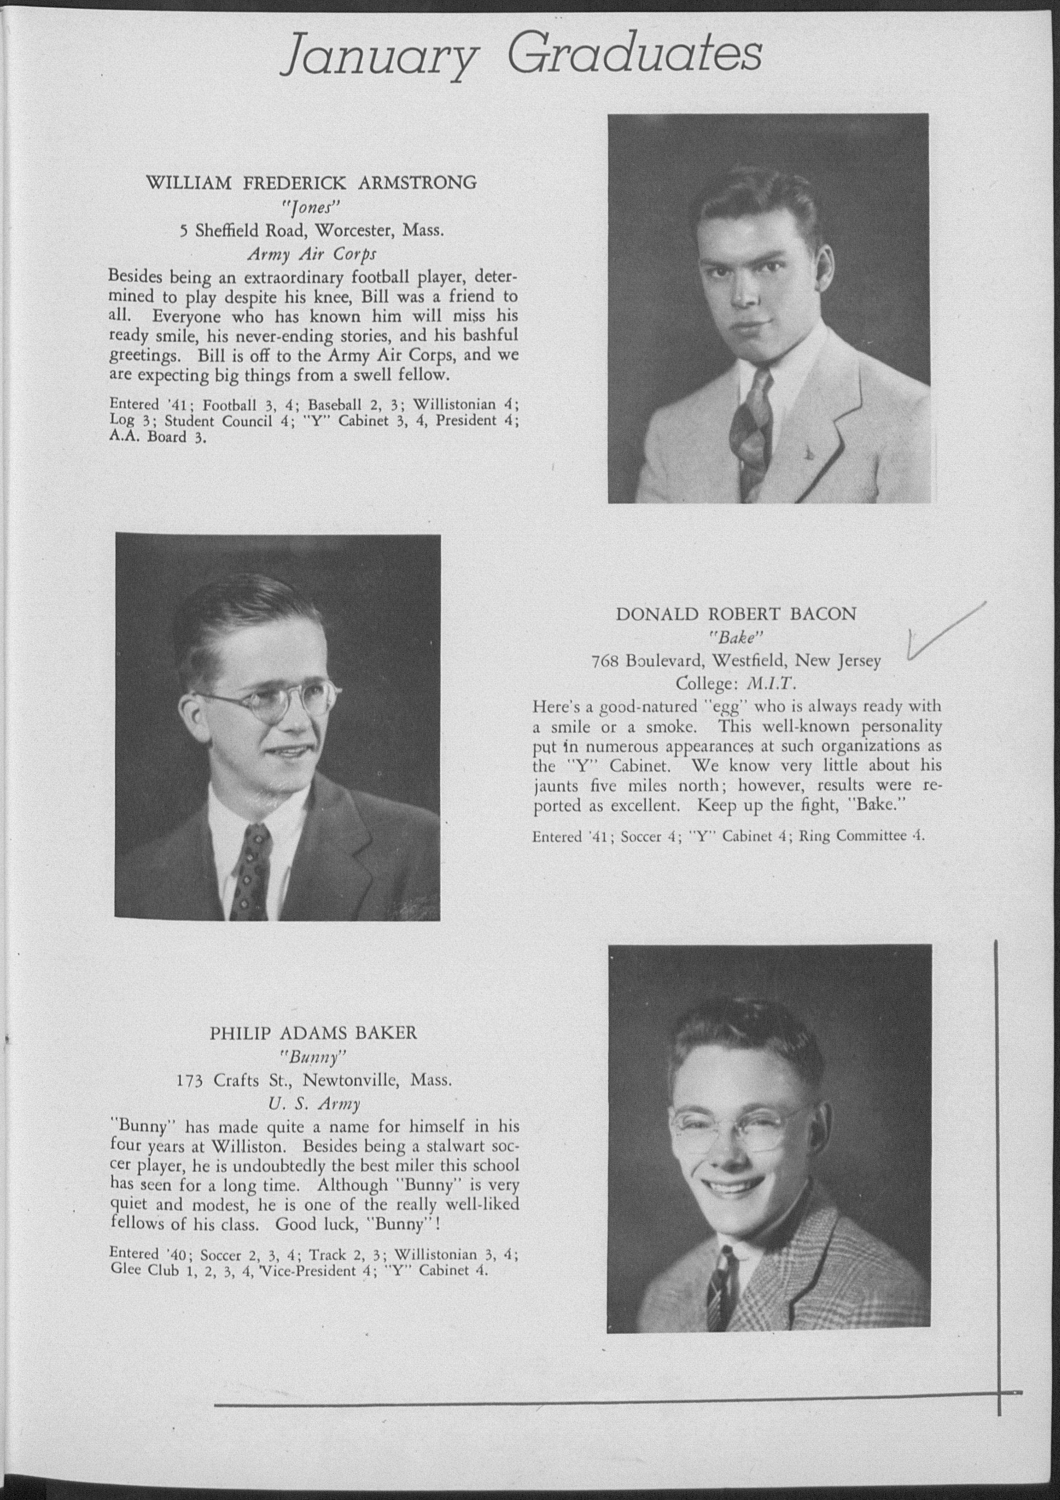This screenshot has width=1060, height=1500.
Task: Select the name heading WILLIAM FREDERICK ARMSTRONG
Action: pyautogui.click(x=311, y=183)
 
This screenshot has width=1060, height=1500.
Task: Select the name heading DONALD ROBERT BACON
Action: pyautogui.click(x=736, y=614)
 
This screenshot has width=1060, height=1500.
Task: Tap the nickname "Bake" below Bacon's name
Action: pyautogui.click(x=736, y=638)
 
